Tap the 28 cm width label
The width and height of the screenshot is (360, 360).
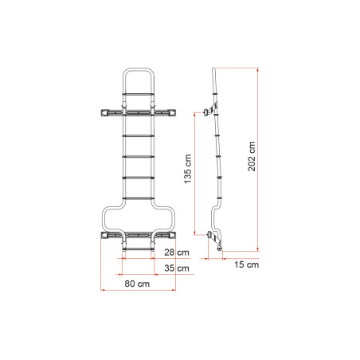tap(183, 252)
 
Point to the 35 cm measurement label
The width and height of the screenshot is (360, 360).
tap(183, 268)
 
